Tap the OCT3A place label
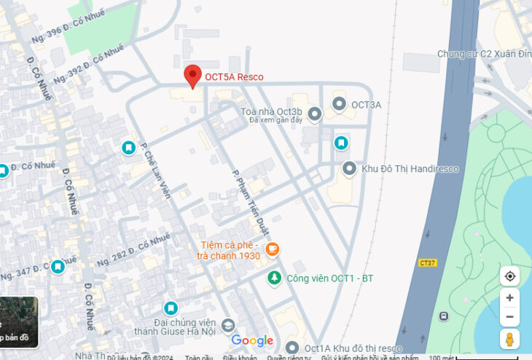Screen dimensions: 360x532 (x=366, y=105)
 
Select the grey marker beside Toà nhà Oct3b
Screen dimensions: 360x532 (x=315, y=114)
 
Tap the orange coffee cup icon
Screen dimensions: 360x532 (x=273, y=249)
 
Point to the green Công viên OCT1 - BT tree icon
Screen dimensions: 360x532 (x=273, y=278)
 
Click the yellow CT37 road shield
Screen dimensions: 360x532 (x=428, y=262)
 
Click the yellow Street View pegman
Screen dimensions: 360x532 (x=509, y=338)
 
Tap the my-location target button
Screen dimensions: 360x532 (x=509, y=276)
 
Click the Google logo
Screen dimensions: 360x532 (x=252, y=340)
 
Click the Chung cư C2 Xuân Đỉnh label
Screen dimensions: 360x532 (x=483, y=54)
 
